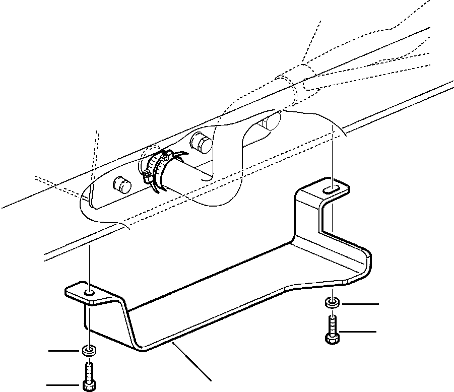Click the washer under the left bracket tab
[x=89, y=350]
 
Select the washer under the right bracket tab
[x=332, y=303]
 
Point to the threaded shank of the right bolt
[x=332, y=324]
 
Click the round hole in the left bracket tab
[x=89, y=293]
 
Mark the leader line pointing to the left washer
[x=63, y=350]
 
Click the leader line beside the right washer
[x=360, y=304]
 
